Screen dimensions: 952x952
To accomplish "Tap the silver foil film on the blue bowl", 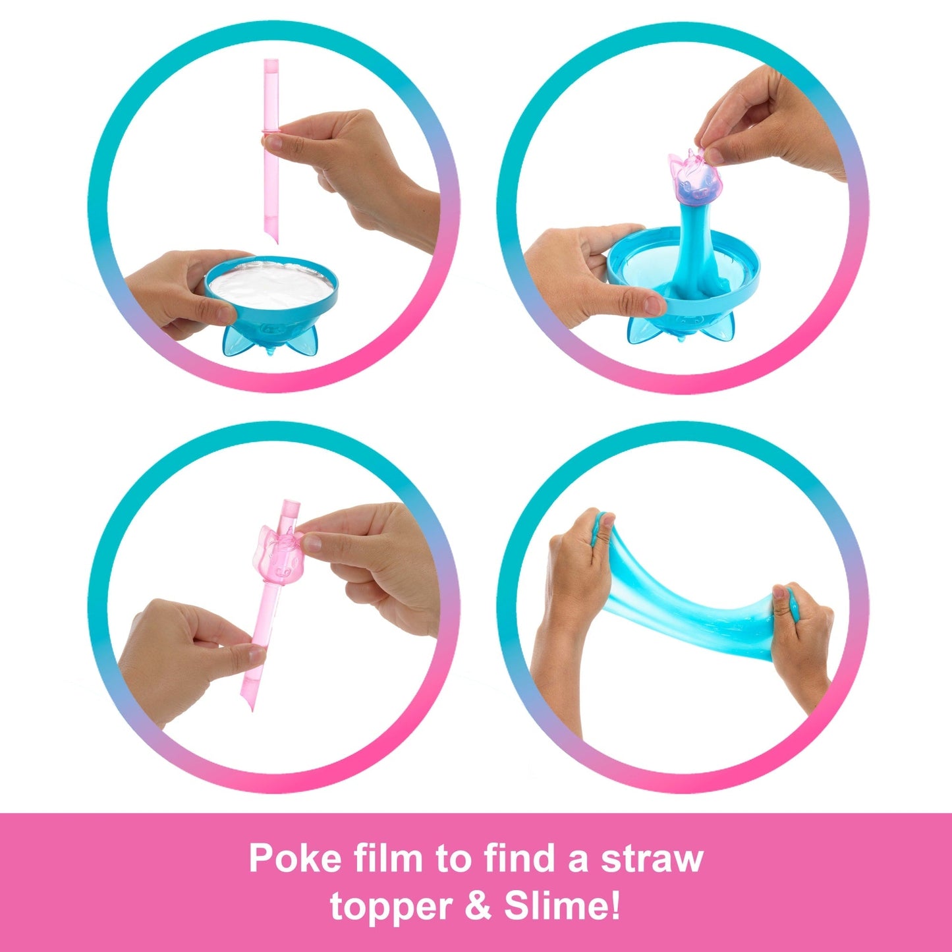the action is coord(271,285).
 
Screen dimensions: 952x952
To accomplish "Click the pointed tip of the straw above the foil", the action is coord(276,242).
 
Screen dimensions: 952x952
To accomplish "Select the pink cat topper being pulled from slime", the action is coord(690,177).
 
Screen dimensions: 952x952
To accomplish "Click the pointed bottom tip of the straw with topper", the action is coord(253,710).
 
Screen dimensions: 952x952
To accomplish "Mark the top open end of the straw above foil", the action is coord(271,62).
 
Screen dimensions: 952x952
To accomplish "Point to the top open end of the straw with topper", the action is coord(291,503).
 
